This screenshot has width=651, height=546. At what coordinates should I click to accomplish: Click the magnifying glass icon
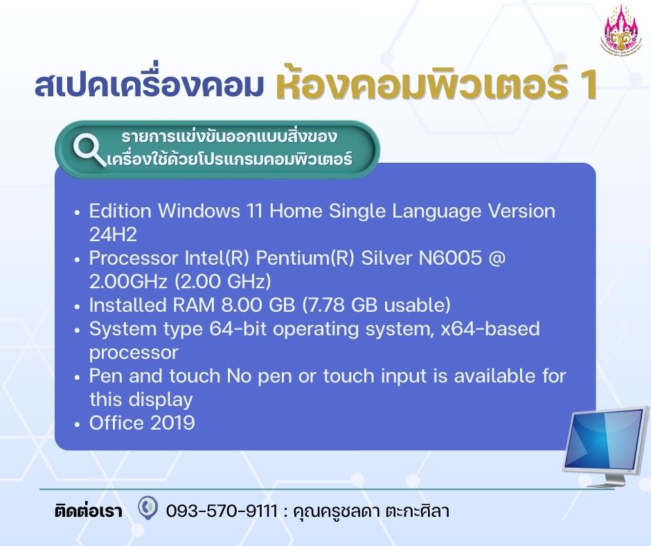[x=89, y=150]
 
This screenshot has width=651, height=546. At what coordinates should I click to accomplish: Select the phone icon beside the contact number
[x=148, y=507]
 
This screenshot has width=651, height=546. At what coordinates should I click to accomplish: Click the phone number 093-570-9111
[x=222, y=511]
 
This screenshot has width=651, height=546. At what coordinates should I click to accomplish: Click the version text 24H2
[x=113, y=235]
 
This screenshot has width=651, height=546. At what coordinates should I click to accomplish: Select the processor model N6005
[x=450, y=258]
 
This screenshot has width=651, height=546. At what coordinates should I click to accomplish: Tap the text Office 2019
[x=142, y=423]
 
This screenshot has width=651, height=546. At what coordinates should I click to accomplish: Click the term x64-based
[x=490, y=328]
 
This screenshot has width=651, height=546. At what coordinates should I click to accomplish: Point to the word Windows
[x=199, y=211]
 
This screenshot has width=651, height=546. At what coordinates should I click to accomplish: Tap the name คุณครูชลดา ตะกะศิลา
[x=371, y=511]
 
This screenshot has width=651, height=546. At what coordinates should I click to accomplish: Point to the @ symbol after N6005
[x=497, y=258]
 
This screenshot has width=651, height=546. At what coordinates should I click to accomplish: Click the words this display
[x=141, y=400]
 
